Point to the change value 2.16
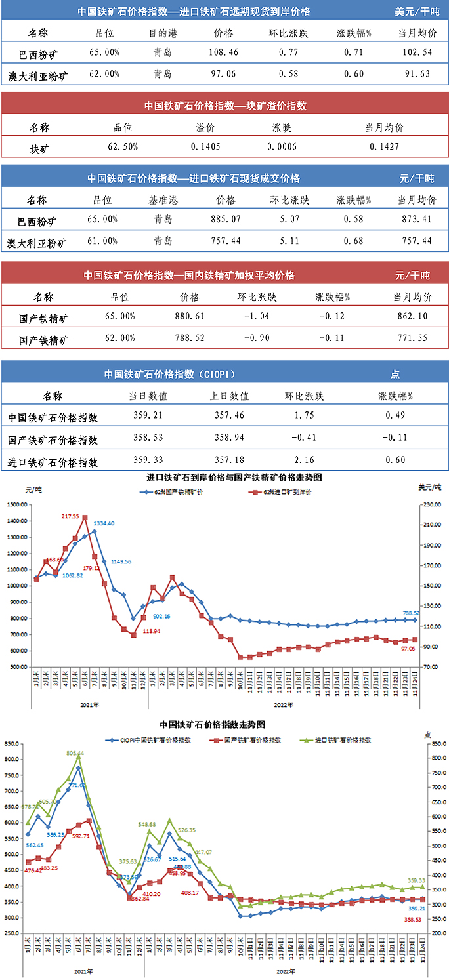(x=304, y=460)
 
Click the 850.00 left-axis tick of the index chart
(x=12, y=744)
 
